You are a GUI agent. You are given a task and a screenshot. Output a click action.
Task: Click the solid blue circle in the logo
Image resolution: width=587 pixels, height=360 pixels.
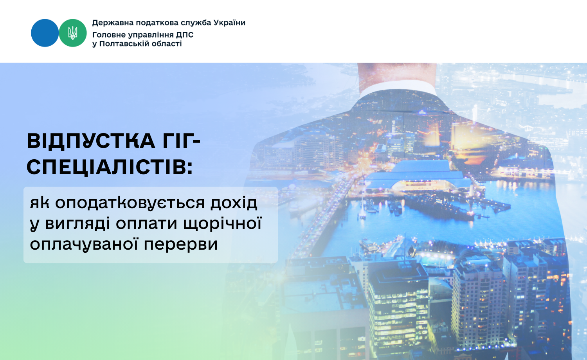[x=45, y=33]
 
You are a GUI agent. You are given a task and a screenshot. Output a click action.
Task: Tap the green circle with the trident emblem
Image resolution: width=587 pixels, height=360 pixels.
[x=72, y=33]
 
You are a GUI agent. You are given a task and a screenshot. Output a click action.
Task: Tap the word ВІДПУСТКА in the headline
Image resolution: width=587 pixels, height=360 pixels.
[x=91, y=141]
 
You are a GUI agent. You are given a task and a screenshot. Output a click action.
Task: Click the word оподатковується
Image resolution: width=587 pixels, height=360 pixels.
[x=130, y=203]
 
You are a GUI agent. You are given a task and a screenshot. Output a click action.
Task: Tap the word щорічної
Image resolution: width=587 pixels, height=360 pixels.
[x=222, y=223]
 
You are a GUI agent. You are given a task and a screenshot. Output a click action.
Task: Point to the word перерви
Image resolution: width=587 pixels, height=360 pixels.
[x=181, y=245]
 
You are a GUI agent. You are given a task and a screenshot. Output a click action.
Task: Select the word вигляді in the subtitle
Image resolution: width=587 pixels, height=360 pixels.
[x=77, y=224]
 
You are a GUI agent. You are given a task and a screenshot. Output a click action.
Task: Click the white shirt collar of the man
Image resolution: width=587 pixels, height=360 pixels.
[x=398, y=88]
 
